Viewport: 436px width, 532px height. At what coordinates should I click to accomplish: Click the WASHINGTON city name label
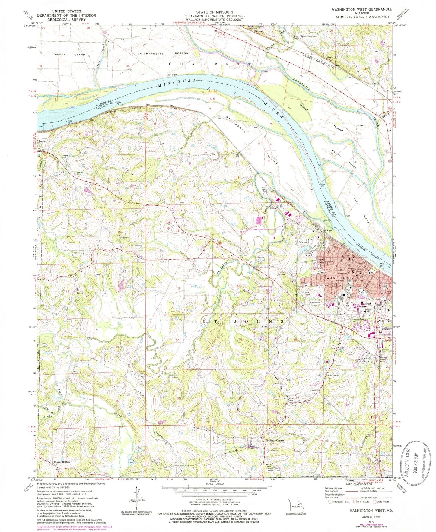pos(339,278)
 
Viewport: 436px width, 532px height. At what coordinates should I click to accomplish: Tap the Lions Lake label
pos(307,254)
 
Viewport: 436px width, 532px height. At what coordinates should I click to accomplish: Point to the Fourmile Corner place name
pos(274,441)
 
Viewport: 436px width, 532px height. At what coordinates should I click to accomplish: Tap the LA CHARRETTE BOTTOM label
pos(163,53)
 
